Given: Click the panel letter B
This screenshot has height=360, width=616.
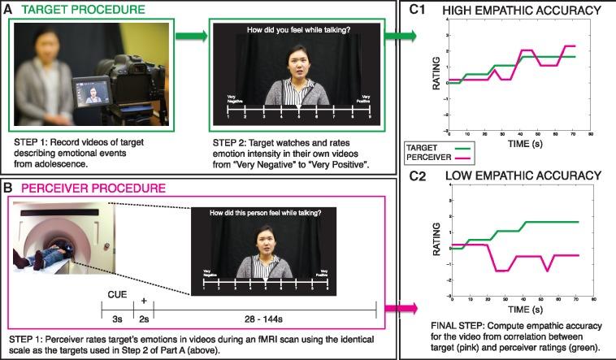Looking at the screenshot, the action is pyautogui.click(x=10, y=187).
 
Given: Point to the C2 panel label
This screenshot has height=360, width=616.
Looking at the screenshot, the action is pyautogui.click(x=421, y=176).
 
